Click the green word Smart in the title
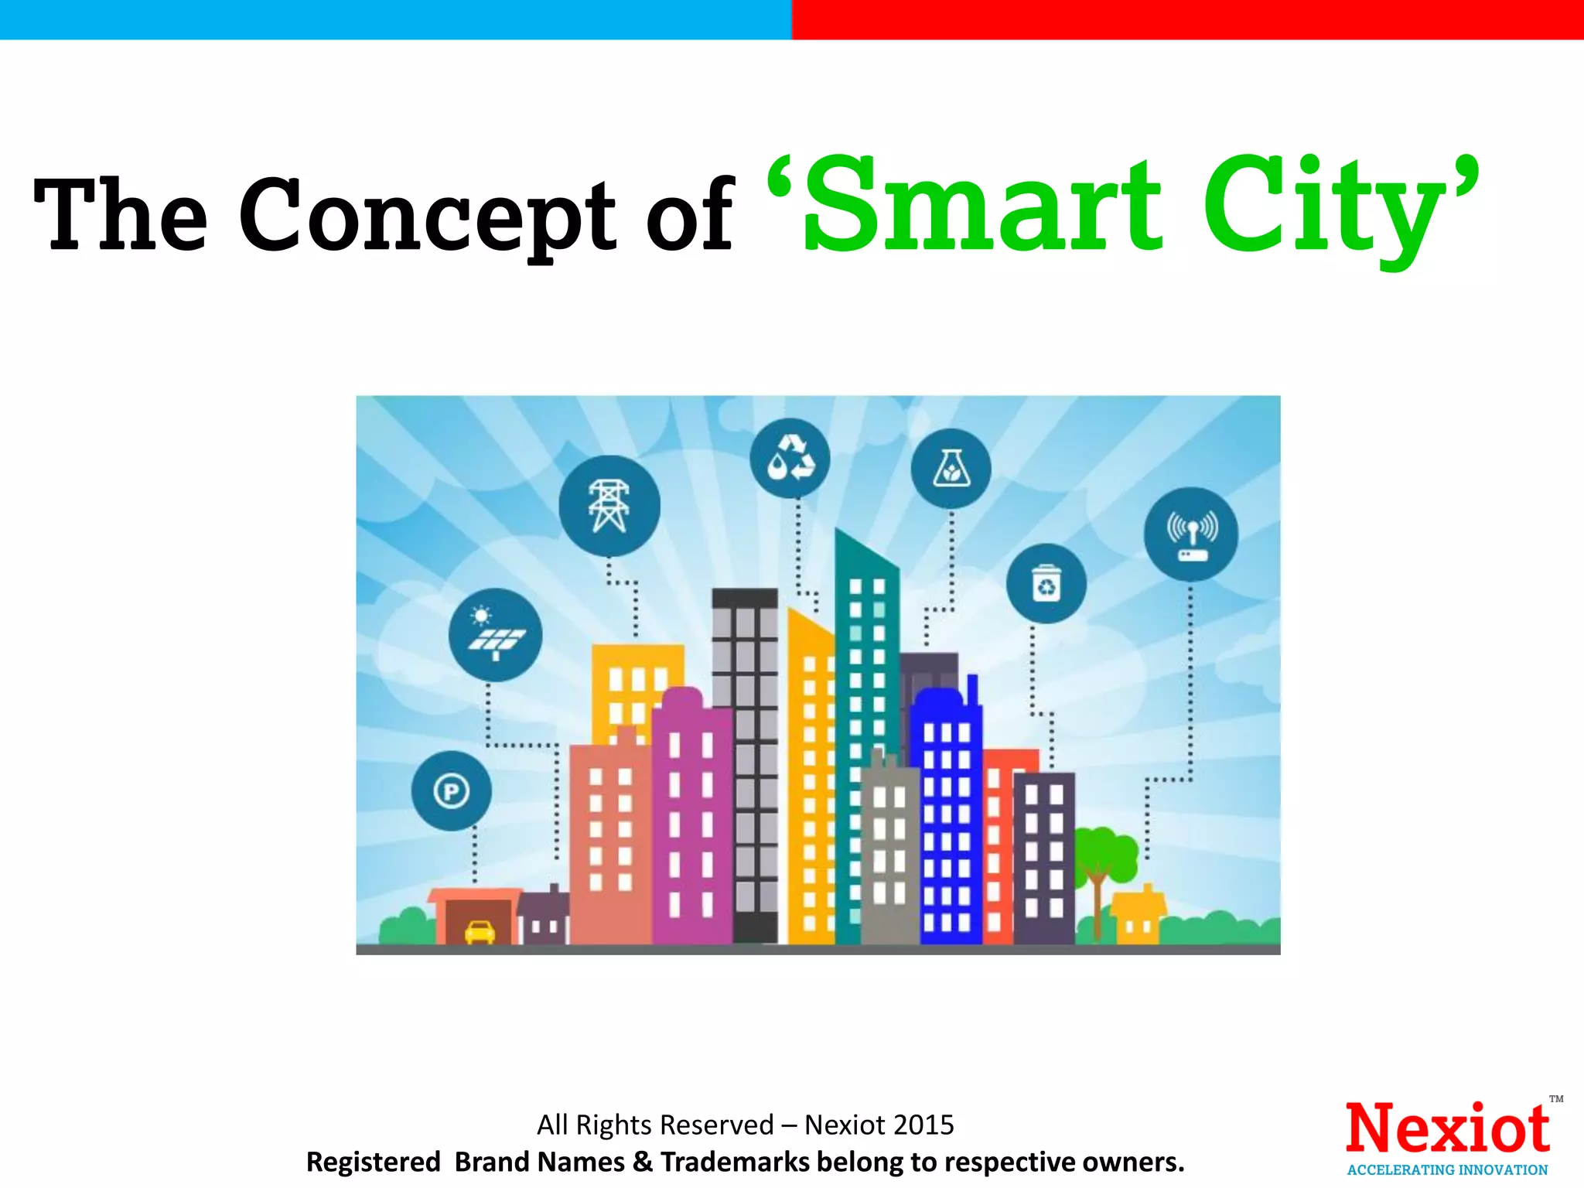pos(982,205)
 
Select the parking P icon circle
pos(452,791)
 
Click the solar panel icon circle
pos(495,635)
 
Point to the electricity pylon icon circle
pos(609,506)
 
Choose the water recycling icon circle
pos(790,459)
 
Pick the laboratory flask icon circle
pos(951,469)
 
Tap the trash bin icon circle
pos(1046,583)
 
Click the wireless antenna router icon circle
pos(1191,534)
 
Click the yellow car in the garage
pos(480,931)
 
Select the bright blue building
pos(947,820)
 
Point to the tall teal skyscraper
pos(867,696)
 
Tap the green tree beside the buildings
pos(1102,859)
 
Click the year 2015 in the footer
pos(923,1125)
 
